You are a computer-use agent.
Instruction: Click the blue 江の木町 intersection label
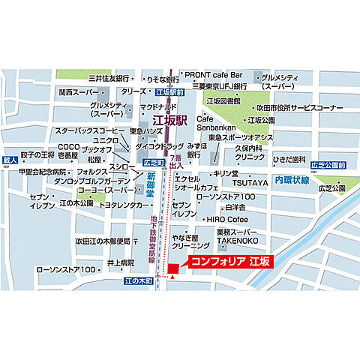tap(138, 280)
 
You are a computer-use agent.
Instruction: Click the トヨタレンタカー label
tap(124, 204)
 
